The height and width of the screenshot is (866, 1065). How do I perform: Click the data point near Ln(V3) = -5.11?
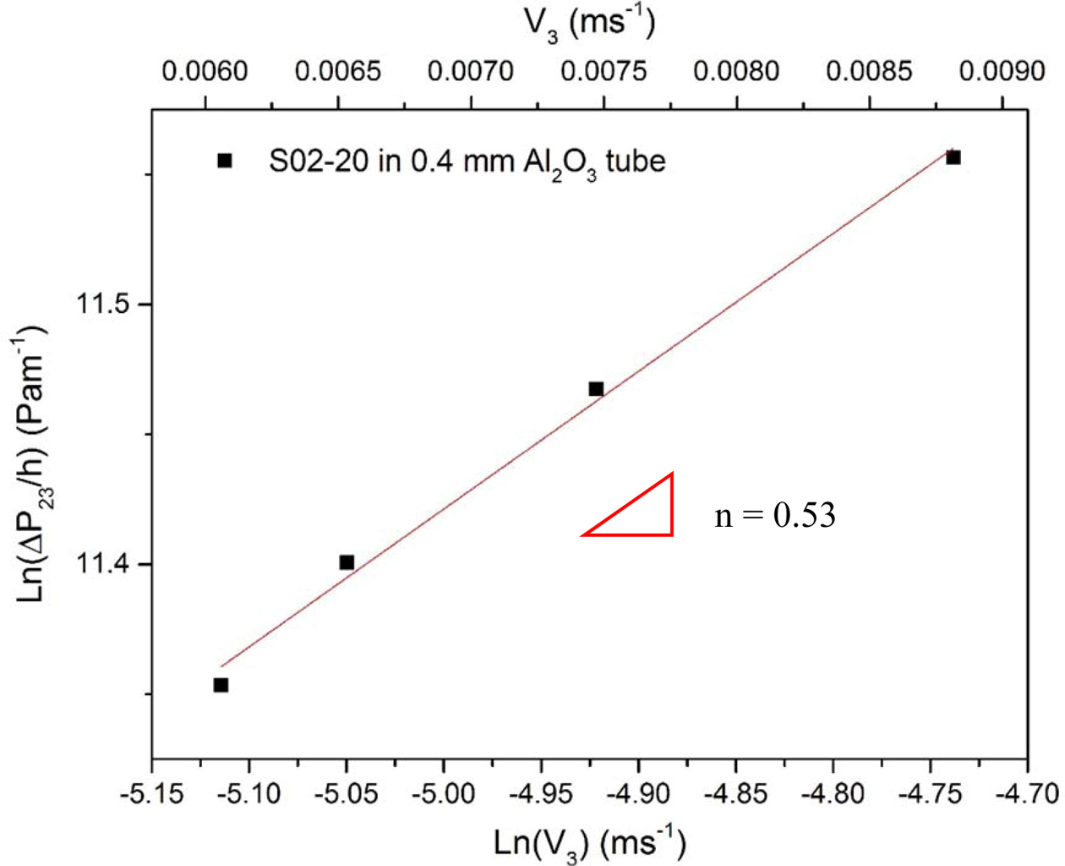point(221,685)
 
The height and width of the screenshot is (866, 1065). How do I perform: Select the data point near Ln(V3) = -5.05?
point(347,562)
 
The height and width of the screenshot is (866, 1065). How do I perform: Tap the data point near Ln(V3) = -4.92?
point(596,389)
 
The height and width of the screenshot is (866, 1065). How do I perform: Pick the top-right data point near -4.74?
point(953,157)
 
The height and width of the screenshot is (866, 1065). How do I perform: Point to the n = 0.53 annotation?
point(774,514)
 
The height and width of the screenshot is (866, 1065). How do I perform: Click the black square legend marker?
point(224,160)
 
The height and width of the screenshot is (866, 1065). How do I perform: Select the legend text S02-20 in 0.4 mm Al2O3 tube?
point(467,162)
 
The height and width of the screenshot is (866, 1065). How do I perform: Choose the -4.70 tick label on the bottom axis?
point(1026,794)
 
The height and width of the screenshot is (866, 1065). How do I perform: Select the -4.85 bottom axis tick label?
point(736,794)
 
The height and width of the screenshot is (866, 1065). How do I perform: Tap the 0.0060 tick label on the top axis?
point(205,71)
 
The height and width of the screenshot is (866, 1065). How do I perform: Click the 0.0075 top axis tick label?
point(603,71)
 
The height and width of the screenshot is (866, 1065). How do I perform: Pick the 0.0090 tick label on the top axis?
point(1002,71)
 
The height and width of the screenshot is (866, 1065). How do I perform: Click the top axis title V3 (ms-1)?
point(589,23)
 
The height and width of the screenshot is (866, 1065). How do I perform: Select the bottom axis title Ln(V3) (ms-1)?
point(589,843)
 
